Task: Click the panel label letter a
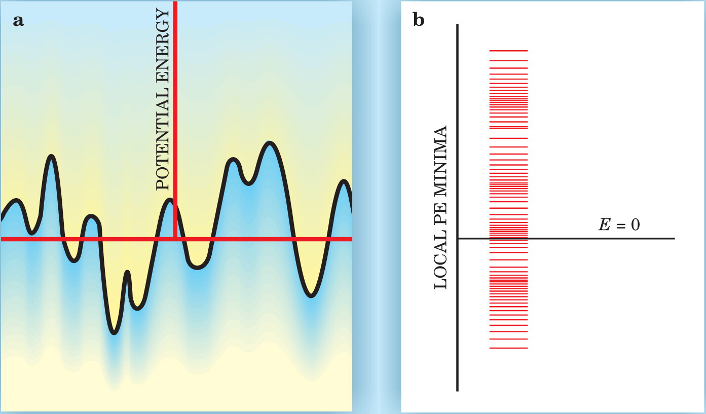[x=18, y=21]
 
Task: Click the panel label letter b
[x=419, y=20]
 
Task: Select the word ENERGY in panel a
[x=163, y=45]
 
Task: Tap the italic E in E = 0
[x=605, y=224]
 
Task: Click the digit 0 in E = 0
[x=635, y=225]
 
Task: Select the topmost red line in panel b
[x=508, y=50]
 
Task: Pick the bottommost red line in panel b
[x=508, y=348]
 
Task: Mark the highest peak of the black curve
[x=270, y=143]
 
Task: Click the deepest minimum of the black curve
[x=114, y=332]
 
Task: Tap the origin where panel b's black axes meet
[x=458, y=239]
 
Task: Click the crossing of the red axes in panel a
[x=175, y=239]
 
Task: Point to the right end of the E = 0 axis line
[x=675, y=239]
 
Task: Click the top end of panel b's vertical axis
[x=458, y=24]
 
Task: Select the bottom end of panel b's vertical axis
[x=458, y=391]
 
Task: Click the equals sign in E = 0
[x=620, y=225]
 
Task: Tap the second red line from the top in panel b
[x=508, y=60]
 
